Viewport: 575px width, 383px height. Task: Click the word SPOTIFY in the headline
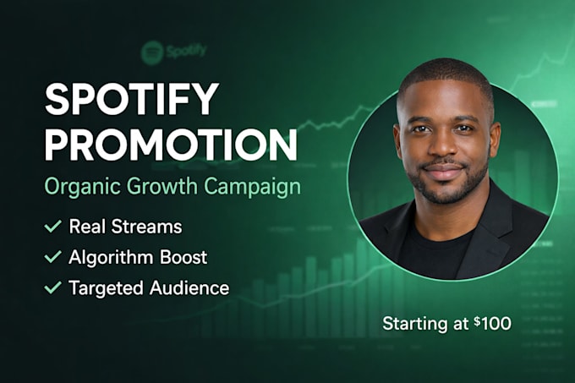tap(132, 99)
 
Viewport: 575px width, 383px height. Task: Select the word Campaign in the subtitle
tap(252, 187)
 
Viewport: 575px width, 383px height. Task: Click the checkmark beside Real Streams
tap(52, 226)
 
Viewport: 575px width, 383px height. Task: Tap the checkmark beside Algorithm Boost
tap(52, 256)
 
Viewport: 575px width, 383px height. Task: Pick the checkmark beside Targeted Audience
tap(52, 287)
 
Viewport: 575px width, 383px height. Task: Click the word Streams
tap(146, 227)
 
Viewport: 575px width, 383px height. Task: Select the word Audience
tap(189, 287)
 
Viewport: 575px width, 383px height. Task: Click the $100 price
tap(492, 323)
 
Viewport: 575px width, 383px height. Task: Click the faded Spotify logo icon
tap(152, 52)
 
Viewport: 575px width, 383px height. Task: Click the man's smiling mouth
tap(444, 171)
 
